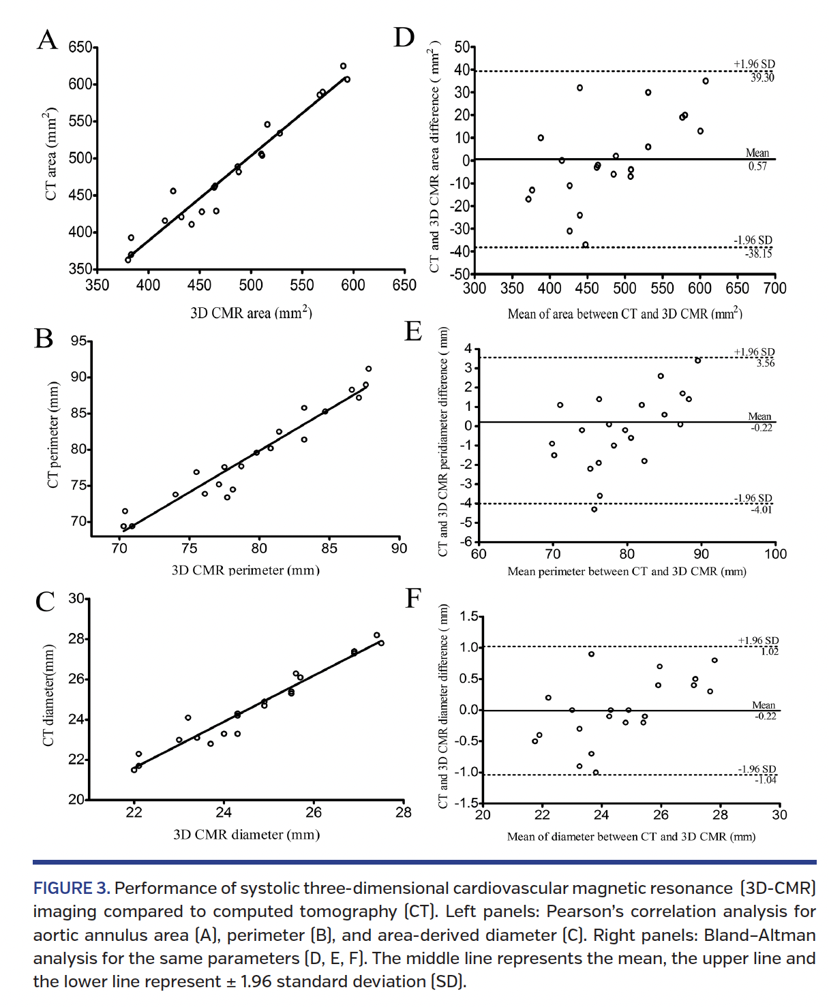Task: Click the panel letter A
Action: [x=47, y=40]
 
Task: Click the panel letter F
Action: [x=413, y=598]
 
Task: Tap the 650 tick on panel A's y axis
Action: [x=80, y=48]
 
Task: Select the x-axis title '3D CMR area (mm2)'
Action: [x=251, y=313]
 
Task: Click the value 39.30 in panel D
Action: [x=762, y=78]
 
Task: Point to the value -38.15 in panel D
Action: [x=759, y=253]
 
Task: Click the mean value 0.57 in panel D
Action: [x=757, y=166]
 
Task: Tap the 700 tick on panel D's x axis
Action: [x=774, y=288]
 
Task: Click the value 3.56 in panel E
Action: [x=765, y=363]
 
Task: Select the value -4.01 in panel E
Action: [x=762, y=510]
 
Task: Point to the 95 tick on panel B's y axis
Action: [x=78, y=341]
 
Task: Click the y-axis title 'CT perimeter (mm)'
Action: [x=52, y=435]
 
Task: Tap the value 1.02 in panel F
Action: [x=769, y=651]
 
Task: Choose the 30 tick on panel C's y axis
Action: [x=76, y=599]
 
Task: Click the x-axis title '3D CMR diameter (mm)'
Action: [x=246, y=835]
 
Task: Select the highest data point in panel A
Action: [x=343, y=66]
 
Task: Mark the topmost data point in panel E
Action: [x=697, y=360]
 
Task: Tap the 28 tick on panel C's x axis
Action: [x=404, y=812]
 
